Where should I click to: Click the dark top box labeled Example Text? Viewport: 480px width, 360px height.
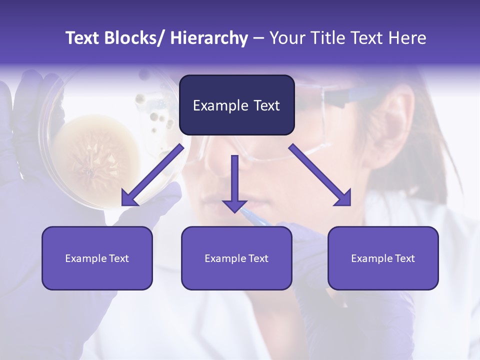[236, 105]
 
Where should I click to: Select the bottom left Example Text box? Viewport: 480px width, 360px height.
[97, 258]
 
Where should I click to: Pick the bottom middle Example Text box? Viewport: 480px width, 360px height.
[236, 258]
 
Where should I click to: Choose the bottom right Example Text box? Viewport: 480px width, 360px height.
[383, 258]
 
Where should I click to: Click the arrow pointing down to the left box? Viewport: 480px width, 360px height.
[152, 175]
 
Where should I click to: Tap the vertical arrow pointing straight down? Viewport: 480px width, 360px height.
[234, 182]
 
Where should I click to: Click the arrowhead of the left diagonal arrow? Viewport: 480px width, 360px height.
[129, 199]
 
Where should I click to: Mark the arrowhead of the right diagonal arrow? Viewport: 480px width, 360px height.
[344, 199]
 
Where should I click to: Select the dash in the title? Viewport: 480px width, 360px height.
[258, 38]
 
